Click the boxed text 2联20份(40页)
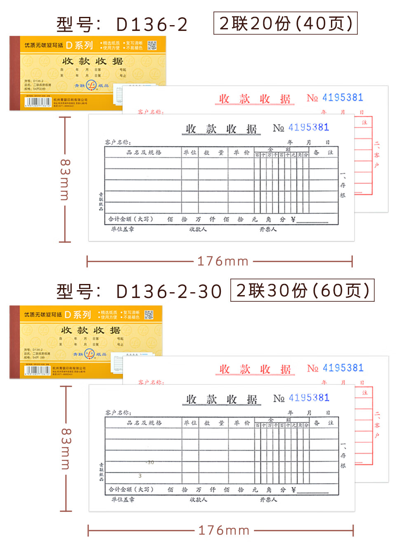[x=285, y=23]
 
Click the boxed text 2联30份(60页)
[x=302, y=291]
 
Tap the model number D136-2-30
[x=169, y=291]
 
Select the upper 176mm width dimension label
[x=223, y=261]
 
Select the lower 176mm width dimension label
[x=224, y=530]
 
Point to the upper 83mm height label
[x=65, y=180]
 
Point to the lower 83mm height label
[x=66, y=449]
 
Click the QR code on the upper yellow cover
[x=152, y=45]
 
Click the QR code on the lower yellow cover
[x=149, y=315]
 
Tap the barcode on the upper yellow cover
[x=38, y=102]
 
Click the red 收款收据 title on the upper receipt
[x=255, y=99]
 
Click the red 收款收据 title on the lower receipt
[x=255, y=369]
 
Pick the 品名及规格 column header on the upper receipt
[x=143, y=153]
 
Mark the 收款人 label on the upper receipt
[x=198, y=229]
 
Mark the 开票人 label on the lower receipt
[x=268, y=500]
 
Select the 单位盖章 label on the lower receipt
[x=123, y=500]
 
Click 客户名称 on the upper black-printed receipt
[x=118, y=142]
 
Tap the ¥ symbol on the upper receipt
[x=293, y=220]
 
